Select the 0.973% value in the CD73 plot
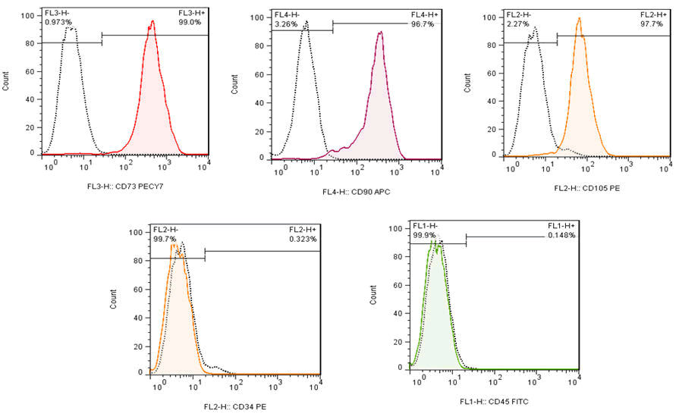coord(58,23)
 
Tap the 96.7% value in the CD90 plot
coord(423,24)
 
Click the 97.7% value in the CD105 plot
coord(652,24)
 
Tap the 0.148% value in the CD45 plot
coord(561,236)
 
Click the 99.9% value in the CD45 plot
coord(424,236)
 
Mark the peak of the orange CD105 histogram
coord(579,20)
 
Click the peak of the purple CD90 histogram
coord(381,33)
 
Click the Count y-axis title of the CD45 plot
coord(374,299)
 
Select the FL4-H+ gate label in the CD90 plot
coord(424,14)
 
